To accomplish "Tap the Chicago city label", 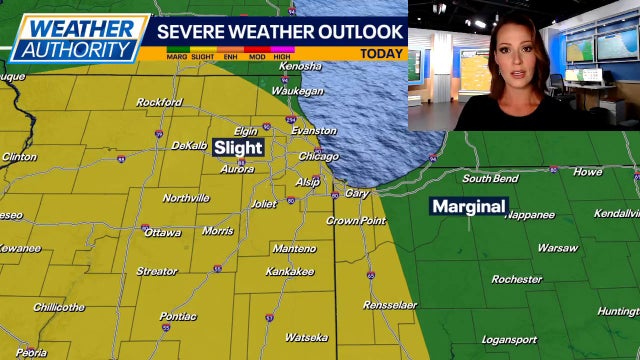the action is click(318, 157).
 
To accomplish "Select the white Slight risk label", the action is click(238, 148).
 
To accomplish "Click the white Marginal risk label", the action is click(469, 207).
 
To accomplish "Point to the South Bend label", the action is click(490, 178).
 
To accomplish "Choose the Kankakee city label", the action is click(290, 271).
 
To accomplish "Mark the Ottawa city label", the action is click(163, 232).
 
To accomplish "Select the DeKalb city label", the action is click(189, 146).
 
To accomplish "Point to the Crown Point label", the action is click(356, 220).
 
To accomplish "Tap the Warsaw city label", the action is click(557, 247).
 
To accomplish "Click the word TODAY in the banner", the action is click(381, 54).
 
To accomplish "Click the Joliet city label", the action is click(264, 204).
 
